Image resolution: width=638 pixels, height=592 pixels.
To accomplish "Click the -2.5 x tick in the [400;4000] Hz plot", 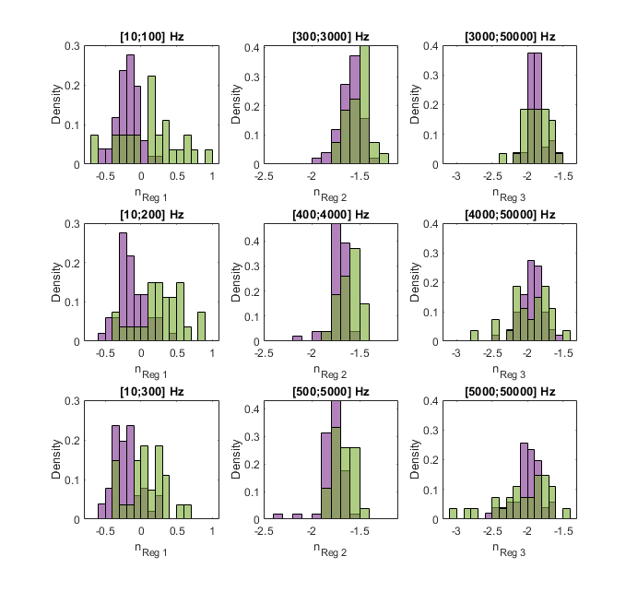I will (265, 353).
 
